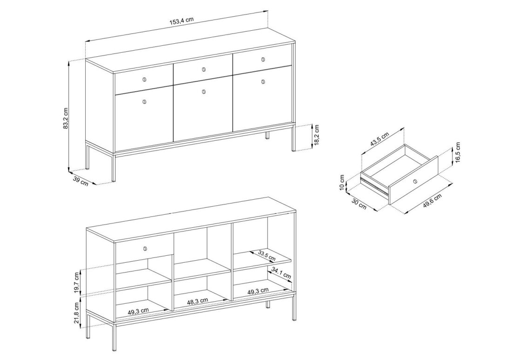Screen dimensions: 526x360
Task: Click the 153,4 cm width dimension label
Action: pyautogui.click(x=182, y=21)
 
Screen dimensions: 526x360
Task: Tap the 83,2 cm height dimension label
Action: pyautogui.click(x=66, y=118)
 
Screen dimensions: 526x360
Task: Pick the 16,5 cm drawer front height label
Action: pyautogui.click(x=458, y=153)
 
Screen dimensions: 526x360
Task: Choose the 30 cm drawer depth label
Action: pyautogui.click(x=358, y=204)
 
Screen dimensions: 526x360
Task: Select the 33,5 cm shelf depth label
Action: pyautogui.click(x=267, y=256)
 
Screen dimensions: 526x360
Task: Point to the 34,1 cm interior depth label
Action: pyautogui.click(x=281, y=273)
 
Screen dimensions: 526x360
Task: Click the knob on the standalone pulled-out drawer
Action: pyautogui.click(x=415, y=182)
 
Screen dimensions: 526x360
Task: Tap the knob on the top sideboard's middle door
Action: pyautogui.click(x=204, y=92)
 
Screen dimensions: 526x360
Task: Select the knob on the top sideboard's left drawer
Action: pyautogui.click(x=145, y=79)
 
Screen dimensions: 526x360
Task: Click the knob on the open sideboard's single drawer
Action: pyautogui.click(x=145, y=248)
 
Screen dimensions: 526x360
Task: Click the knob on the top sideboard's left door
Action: pyautogui.click(x=145, y=102)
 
